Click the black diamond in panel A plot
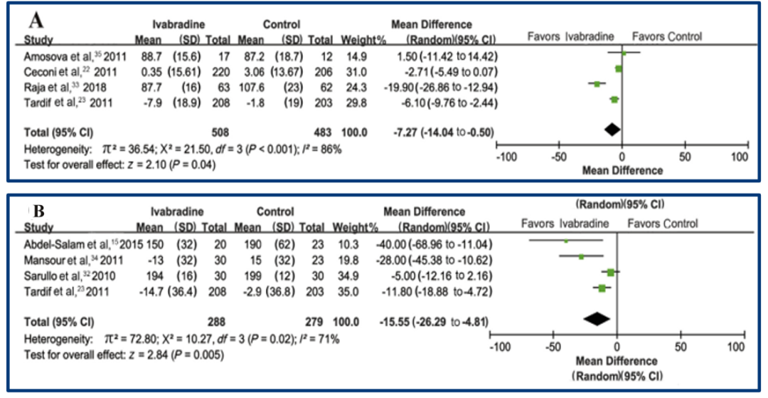click(x=612, y=129)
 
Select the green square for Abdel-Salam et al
click(x=566, y=241)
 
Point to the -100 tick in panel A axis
click(x=506, y=157)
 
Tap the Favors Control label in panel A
click(x=666, y=37)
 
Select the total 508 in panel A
click(x=218, y=132)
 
